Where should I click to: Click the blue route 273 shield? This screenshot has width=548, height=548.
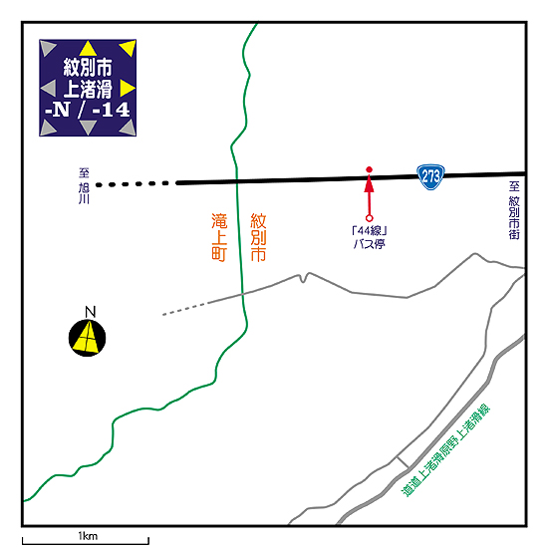pyautogui.click(x=430, y=176)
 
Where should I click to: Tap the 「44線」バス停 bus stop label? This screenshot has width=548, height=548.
pyautogui.click(x=370, y=237)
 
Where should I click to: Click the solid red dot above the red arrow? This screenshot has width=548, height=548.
pyautogui.click(x=369, y=169)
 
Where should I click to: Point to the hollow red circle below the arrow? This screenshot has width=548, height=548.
pyautogui.click(x=369, y=218)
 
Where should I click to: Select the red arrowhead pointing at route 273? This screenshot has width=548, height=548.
pyautogui.click(x=369, y=184)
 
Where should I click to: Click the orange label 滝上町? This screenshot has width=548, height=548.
pyautogui.click(x=219, y=237)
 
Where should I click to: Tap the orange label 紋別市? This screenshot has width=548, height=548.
pyautogui.click(x=258, y=237)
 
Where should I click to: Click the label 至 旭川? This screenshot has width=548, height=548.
pyautogui.click(x=84, y=186)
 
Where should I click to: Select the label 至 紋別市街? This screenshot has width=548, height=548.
pyautogui.click(x=514, y=210)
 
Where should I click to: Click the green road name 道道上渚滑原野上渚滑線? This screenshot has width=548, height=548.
pyautogui.click(x=445, y=450)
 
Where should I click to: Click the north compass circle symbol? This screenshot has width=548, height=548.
pyautogui.click(x=87, y=338)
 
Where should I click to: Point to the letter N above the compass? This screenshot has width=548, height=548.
pyautogui.click(x=90, y=312)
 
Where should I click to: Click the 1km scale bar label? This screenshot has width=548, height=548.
pyautogui.click(x=88, y=536)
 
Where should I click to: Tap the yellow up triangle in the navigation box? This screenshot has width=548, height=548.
pyautogui.click(x=88, y=49)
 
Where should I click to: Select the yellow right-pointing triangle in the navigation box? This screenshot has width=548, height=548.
pyautogui.click(x=127, y=88)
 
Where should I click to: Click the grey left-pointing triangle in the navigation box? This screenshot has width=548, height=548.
pyautogui.click(x=49, y=88)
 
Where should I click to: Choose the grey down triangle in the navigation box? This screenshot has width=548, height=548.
pyautogui.click(x=88, y=127)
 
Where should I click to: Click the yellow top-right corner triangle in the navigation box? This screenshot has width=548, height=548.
pyautogui.click(x=129, y=47)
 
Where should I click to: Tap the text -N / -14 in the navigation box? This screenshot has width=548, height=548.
pyautogui.click(x=88, y=110)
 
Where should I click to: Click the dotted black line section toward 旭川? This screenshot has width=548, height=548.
pyautogui.click(x=133, y=184)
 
